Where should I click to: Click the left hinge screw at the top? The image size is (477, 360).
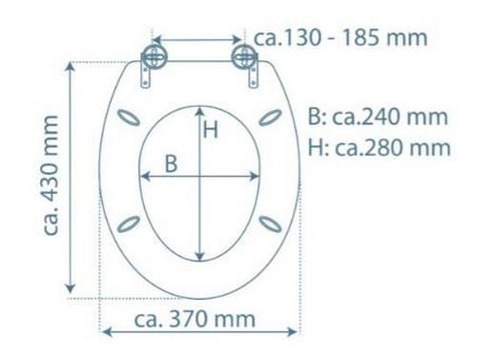[x=154, y=57]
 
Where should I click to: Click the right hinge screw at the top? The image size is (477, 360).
[x=243, y=57]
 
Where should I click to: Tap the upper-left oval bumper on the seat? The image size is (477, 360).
[x=129, y=117]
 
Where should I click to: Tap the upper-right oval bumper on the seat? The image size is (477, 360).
[x=270, y=117]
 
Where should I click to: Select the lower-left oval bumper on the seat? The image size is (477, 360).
[x=129, y=223]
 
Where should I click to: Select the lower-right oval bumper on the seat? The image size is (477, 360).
[x=270, y=223]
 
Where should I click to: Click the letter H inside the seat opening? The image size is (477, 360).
[x=211, y=130]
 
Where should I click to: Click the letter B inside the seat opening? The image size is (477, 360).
[x=171, y=164]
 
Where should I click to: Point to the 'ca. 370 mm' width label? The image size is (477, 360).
[x=195, y=319]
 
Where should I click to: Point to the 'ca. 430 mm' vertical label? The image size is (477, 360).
[x=52, y=176]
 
